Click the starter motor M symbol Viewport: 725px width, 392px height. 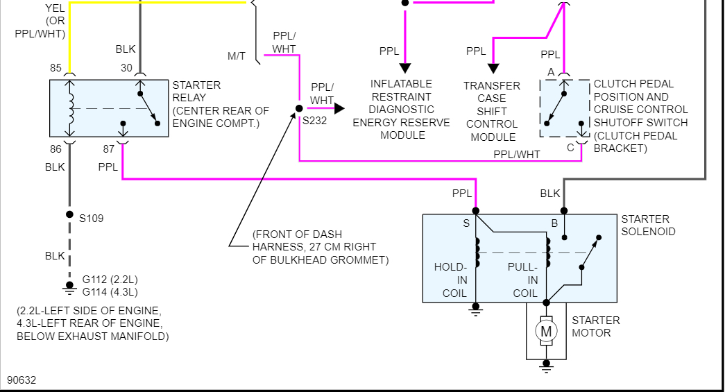(546, 332)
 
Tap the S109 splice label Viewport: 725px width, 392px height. (91, 219)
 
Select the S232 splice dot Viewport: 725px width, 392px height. (299, 108)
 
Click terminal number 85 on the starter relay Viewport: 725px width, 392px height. (56, 68)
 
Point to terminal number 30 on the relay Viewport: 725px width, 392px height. (126, 68)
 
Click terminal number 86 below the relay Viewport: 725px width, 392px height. (56, 149)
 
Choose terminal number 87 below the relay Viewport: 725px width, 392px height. (108, 149)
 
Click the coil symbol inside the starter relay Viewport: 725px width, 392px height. (69, 108)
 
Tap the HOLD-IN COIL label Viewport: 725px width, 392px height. (451, 280)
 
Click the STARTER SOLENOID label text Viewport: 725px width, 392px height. (648, 225)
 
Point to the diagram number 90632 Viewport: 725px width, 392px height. (22, 380)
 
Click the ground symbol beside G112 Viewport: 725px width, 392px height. (69, 285)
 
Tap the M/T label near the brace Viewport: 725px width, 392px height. (237, 56)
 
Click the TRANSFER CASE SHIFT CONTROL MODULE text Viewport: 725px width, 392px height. (492, 111)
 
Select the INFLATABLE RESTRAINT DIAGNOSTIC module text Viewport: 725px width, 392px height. (402, 110)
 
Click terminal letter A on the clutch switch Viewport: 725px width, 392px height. (551, 72)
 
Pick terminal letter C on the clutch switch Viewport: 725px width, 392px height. (570, 146)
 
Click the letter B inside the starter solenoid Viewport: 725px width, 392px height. (554, 223)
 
